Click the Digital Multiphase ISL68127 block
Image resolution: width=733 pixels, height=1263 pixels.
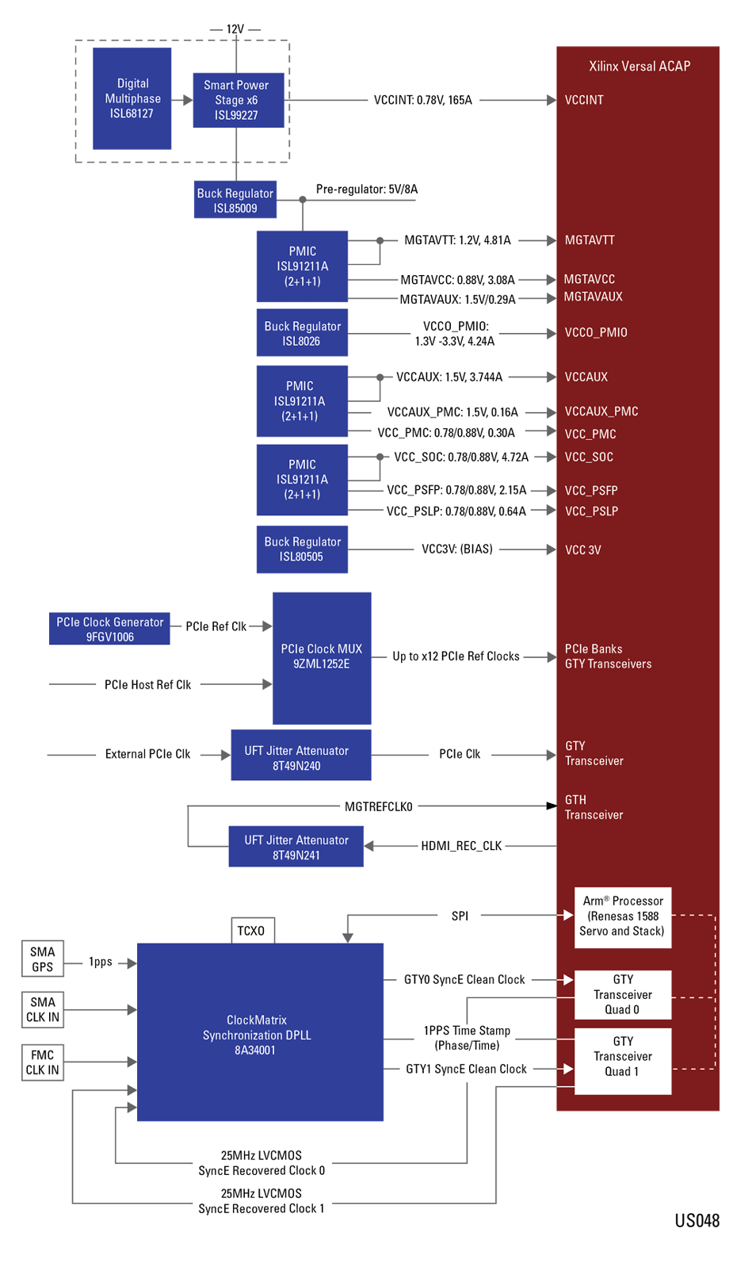(132, 98)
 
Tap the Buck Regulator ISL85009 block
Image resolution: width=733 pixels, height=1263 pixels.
(235, 199)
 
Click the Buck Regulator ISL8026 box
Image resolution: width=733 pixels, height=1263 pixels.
(302, 332)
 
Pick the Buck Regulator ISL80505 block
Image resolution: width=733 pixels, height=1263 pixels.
(302, 549)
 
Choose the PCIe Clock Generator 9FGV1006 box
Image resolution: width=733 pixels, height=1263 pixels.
(109, 629)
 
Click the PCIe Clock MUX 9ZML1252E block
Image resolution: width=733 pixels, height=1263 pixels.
(322, 658)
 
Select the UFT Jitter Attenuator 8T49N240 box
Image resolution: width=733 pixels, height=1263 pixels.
(301, 755)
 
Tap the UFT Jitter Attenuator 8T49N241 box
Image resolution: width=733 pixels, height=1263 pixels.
(296, 846)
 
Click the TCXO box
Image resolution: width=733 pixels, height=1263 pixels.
(253, 930)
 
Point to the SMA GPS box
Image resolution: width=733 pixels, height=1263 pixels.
(43, 959)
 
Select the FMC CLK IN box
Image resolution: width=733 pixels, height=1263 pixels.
(43, 1062)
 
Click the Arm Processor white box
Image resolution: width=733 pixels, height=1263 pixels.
(623, 917)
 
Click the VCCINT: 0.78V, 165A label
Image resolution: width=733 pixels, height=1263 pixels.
(423, 100)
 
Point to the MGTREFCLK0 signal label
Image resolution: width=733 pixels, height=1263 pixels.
(379, 807)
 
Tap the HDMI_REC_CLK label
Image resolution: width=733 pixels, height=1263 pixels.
(461, 846)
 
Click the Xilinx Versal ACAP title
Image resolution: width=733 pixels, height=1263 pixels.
(639, 66)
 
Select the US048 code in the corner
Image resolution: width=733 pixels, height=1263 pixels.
(697, 1221)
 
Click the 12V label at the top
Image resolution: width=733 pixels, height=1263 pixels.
(235, 29)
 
